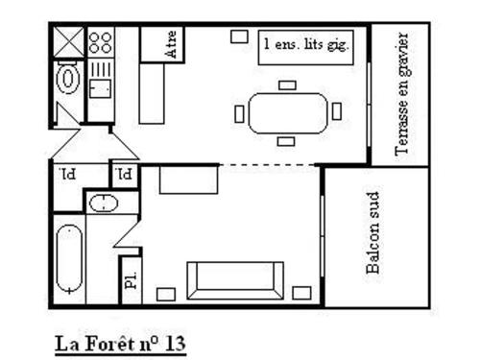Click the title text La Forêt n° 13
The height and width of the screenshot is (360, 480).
120,345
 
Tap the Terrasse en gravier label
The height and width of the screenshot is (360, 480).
401,94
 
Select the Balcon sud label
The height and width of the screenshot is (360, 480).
372,232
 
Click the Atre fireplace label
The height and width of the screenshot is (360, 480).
171,44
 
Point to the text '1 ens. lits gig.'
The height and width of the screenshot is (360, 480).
306,44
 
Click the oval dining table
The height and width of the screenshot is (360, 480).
288,113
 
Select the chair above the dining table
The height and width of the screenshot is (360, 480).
287,85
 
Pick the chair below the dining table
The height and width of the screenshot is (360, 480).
286,141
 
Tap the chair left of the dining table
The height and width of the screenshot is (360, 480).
239,114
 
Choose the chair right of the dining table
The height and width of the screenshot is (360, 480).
337,111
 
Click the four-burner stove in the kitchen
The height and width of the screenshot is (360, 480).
101,42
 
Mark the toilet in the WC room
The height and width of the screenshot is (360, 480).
67,79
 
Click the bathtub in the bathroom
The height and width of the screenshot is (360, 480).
69,259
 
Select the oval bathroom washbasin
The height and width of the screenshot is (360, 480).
104,204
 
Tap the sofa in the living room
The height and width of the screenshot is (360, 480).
235,280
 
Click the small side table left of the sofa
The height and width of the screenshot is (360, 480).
166,295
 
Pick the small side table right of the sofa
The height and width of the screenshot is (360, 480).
301,293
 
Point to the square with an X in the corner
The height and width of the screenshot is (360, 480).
68,42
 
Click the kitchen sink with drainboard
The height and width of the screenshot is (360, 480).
101,80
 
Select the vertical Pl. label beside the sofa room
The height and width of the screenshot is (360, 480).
132,280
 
